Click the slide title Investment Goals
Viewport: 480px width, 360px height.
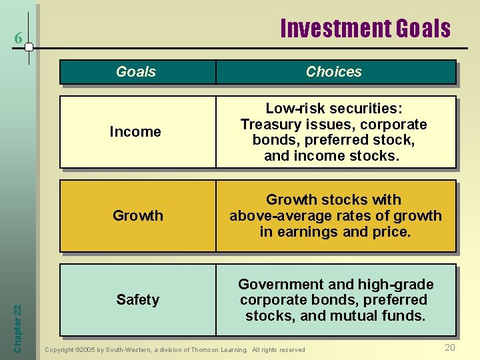(365, 29)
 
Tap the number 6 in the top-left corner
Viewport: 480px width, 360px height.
(19, 39)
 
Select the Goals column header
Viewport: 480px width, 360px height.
(136, 72)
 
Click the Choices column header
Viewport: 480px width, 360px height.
(333, 72)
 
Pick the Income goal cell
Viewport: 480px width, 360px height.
(135, 132)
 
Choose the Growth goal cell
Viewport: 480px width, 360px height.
(137, 216)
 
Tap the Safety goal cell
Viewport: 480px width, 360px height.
(137, 300)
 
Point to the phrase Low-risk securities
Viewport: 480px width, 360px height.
(333, 109)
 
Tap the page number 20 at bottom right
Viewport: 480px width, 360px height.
(450, 347)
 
